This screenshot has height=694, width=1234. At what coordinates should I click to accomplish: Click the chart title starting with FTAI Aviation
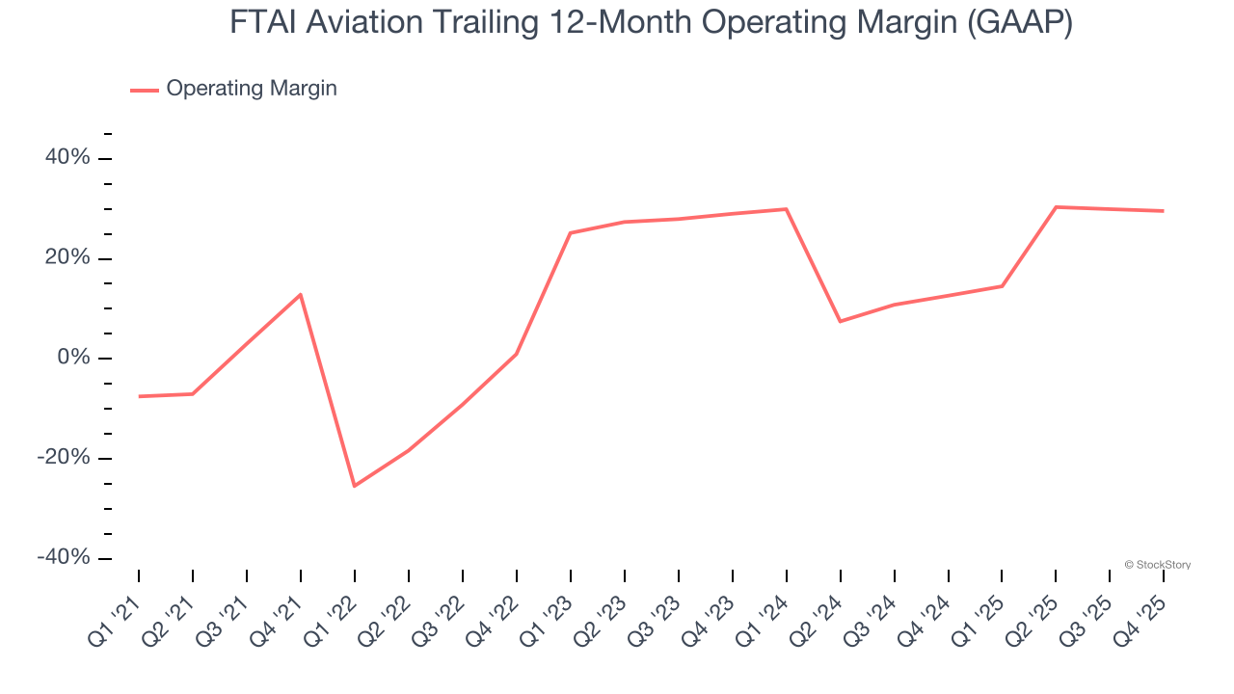tap(651, 21)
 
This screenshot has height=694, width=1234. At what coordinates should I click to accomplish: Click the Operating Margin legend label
tap(251, 89)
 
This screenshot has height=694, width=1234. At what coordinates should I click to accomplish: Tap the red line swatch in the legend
tap(145, 90)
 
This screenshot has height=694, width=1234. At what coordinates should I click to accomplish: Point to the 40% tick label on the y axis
tap(66, 157)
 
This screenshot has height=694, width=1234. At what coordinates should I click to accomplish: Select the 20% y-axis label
tap(66, 257)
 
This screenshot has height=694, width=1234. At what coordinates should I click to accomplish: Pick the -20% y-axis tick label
tap(63, 458)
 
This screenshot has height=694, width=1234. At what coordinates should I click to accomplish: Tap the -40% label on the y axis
tap(63, 558)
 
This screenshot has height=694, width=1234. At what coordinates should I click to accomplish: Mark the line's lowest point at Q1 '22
tap(355, 486)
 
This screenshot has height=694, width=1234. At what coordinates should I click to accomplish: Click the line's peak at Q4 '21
tap(301, 294)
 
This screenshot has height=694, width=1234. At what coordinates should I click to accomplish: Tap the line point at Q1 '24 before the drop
tap(787, 209)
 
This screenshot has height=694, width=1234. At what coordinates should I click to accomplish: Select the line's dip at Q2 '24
tap(841, 321)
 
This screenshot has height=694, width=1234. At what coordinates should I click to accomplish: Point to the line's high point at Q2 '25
tap(1057, 207)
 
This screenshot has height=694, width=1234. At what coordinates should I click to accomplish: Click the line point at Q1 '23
tap(571, 232)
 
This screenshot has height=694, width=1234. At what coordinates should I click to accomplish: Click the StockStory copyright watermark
tap(1157, 565)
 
